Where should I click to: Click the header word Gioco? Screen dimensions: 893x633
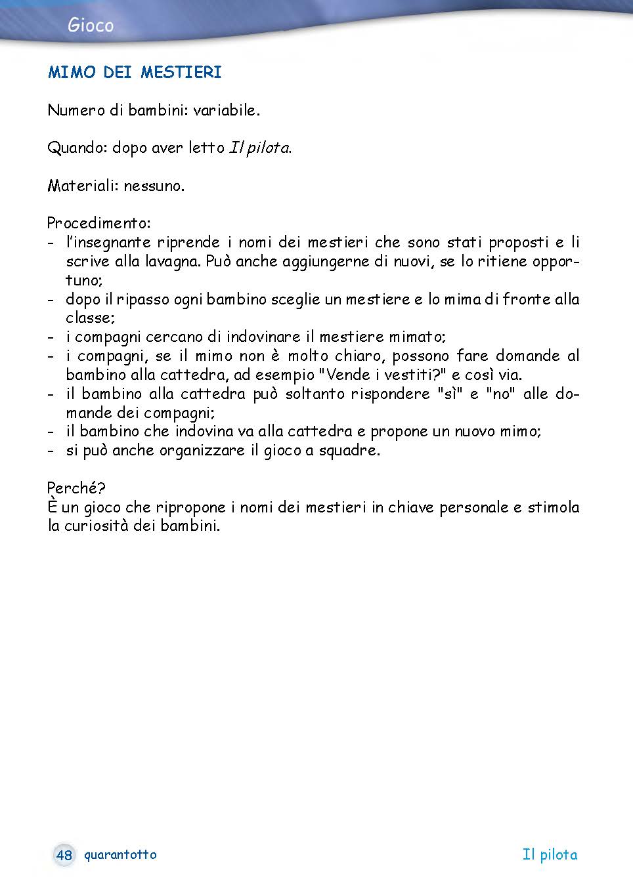click(x=91, y=26)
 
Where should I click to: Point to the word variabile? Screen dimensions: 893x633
click(x=226, y=110)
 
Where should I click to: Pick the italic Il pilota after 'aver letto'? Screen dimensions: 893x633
click(x=259, y=148)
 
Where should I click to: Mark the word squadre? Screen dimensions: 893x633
click(x=349, y=451)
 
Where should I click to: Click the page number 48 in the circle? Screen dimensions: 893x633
click(x=64, y=855)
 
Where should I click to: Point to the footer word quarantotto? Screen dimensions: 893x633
click(x=120, y=855)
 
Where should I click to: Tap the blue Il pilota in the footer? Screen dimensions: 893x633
click(x=550, y=855)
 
